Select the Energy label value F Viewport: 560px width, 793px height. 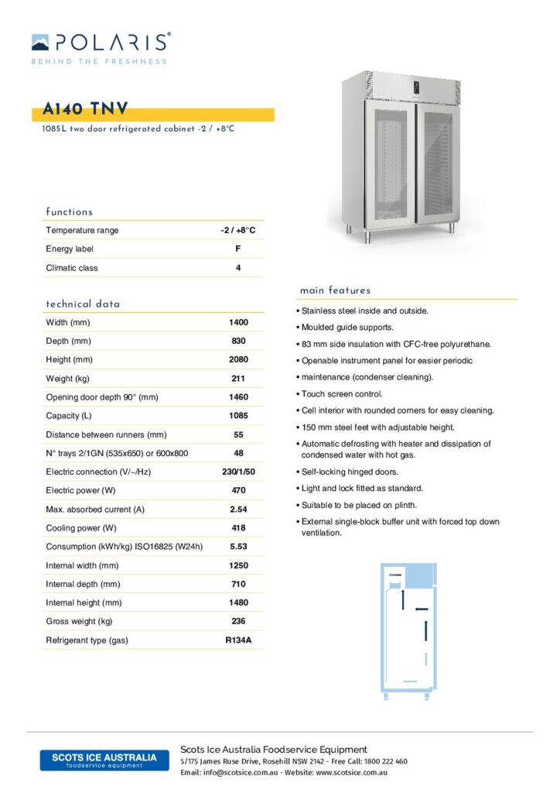coord(237,249)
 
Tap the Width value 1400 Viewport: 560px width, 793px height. coord(238,322)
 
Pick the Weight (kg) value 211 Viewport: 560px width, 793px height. coord(238,379)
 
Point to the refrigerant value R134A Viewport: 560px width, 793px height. coord(238,640)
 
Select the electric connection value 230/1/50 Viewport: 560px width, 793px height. coord(238,472)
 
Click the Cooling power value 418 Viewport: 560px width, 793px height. coord(238,528)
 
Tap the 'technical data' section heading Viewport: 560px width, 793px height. coord(83,304)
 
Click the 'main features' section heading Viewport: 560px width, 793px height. coord(335,290)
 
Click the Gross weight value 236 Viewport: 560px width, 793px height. coord(238,621)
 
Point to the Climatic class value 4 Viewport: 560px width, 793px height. coord(238,268)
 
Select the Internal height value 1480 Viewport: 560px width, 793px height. coord(238,602)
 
